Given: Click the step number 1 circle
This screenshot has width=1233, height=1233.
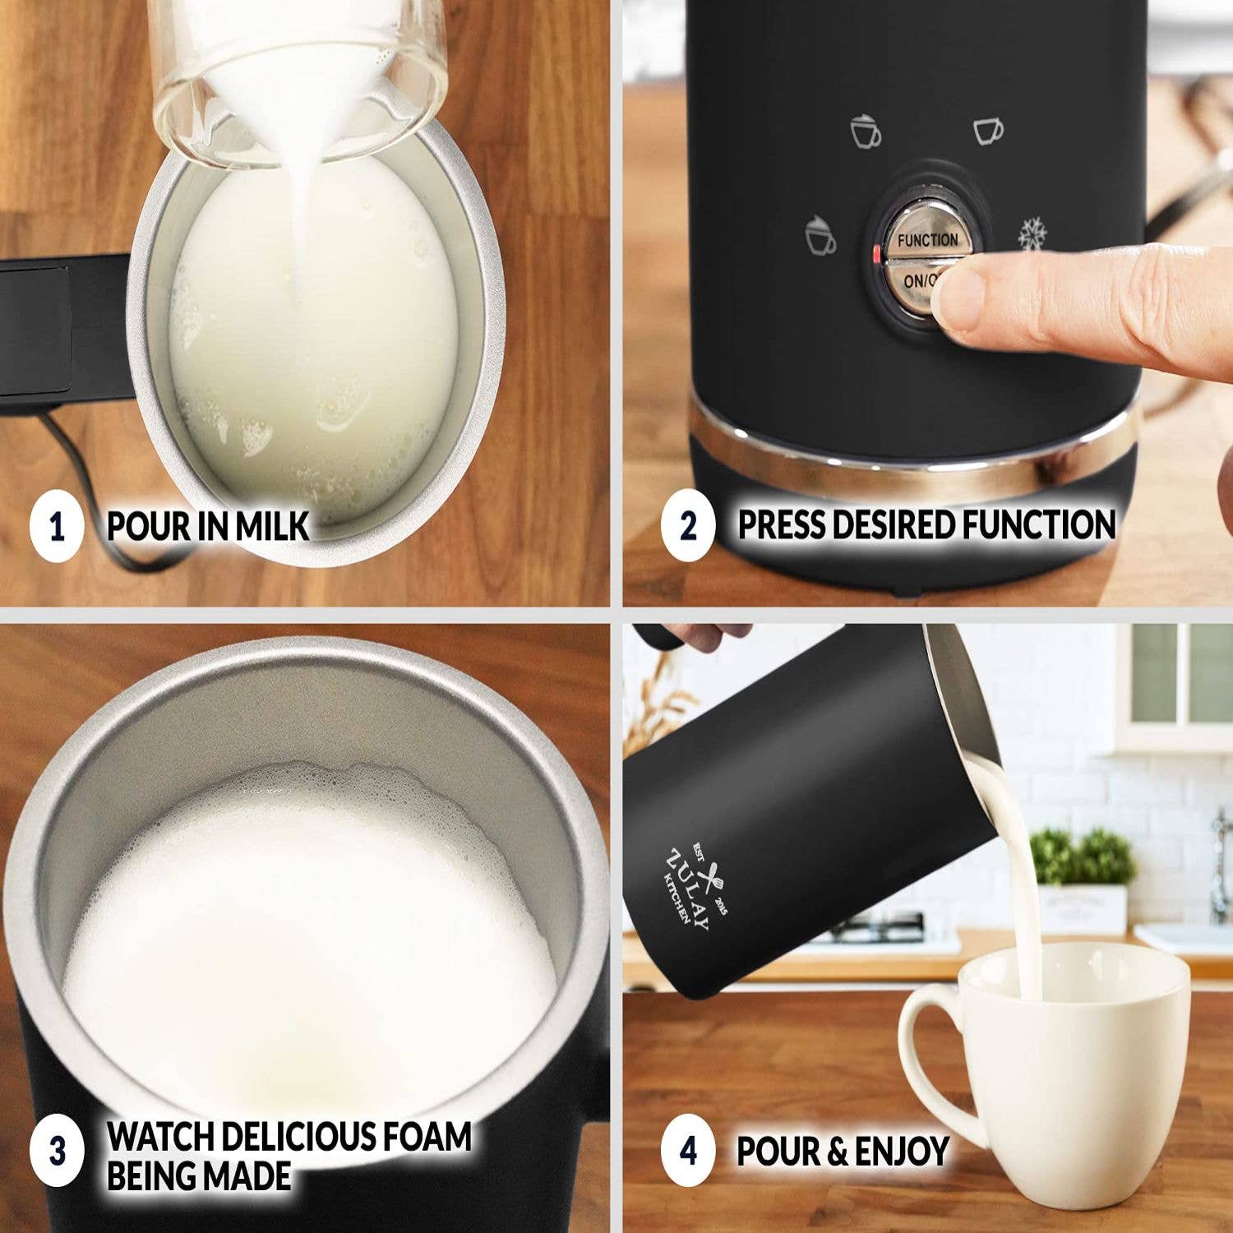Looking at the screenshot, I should (x=57, y=526).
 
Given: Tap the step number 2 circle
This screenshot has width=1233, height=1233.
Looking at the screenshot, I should (x=688, y=526).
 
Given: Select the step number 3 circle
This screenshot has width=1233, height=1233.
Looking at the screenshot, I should (x=57, y=1150).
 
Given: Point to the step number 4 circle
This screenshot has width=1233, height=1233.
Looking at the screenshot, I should (x=688, y=1150).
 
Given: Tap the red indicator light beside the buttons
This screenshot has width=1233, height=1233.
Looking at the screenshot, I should (x=877, y=254).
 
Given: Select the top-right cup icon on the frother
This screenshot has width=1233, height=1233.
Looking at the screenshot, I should (x=988, y=131).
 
